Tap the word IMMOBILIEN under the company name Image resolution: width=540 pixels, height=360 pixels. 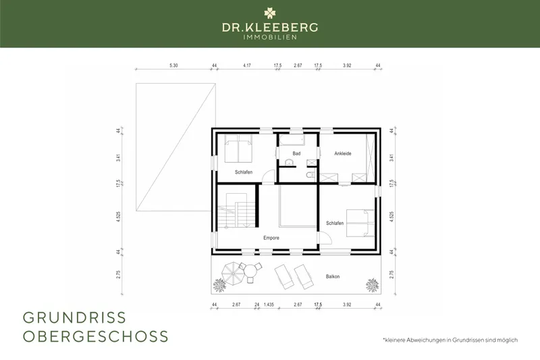pyautogui.click(x=270, y=37)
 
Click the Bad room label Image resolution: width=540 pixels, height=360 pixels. pyautogui.click(x=296, y=154)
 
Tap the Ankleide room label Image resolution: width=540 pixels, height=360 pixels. pyautogui.click(x=344, y=154)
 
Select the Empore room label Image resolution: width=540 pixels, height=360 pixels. pyautogui.click(x=271, y=238)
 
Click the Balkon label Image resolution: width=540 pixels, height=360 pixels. pyautogui.click(x=333, y=276)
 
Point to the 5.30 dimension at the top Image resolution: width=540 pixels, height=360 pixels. pyautogui.click(x=173, y=66)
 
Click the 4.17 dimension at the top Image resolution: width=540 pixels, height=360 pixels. pyautogui.click(x=247, y=66)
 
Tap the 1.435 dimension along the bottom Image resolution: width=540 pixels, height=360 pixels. pyautogui.click(x=269, y=305)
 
